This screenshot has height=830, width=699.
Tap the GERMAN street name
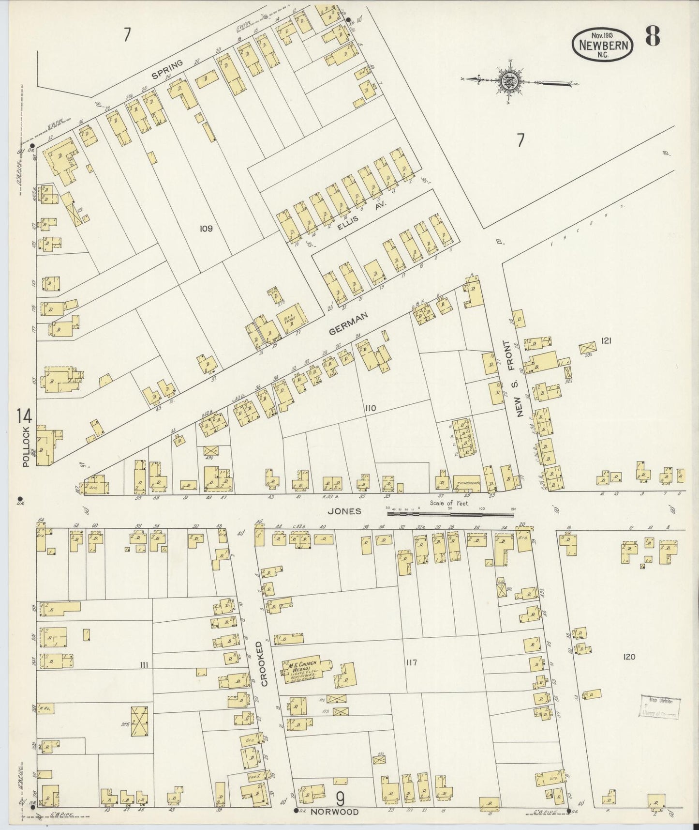[348, 323]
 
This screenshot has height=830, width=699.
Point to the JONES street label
[344, 511]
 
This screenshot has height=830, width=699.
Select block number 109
[206, 228]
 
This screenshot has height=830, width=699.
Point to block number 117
[412, 662]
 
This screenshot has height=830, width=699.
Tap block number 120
[629, 657]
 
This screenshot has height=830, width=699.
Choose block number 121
[607, 341]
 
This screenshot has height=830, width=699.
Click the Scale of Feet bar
[450, 509]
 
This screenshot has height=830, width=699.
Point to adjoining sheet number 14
[24, 416]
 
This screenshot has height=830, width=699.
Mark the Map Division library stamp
[660, 707]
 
